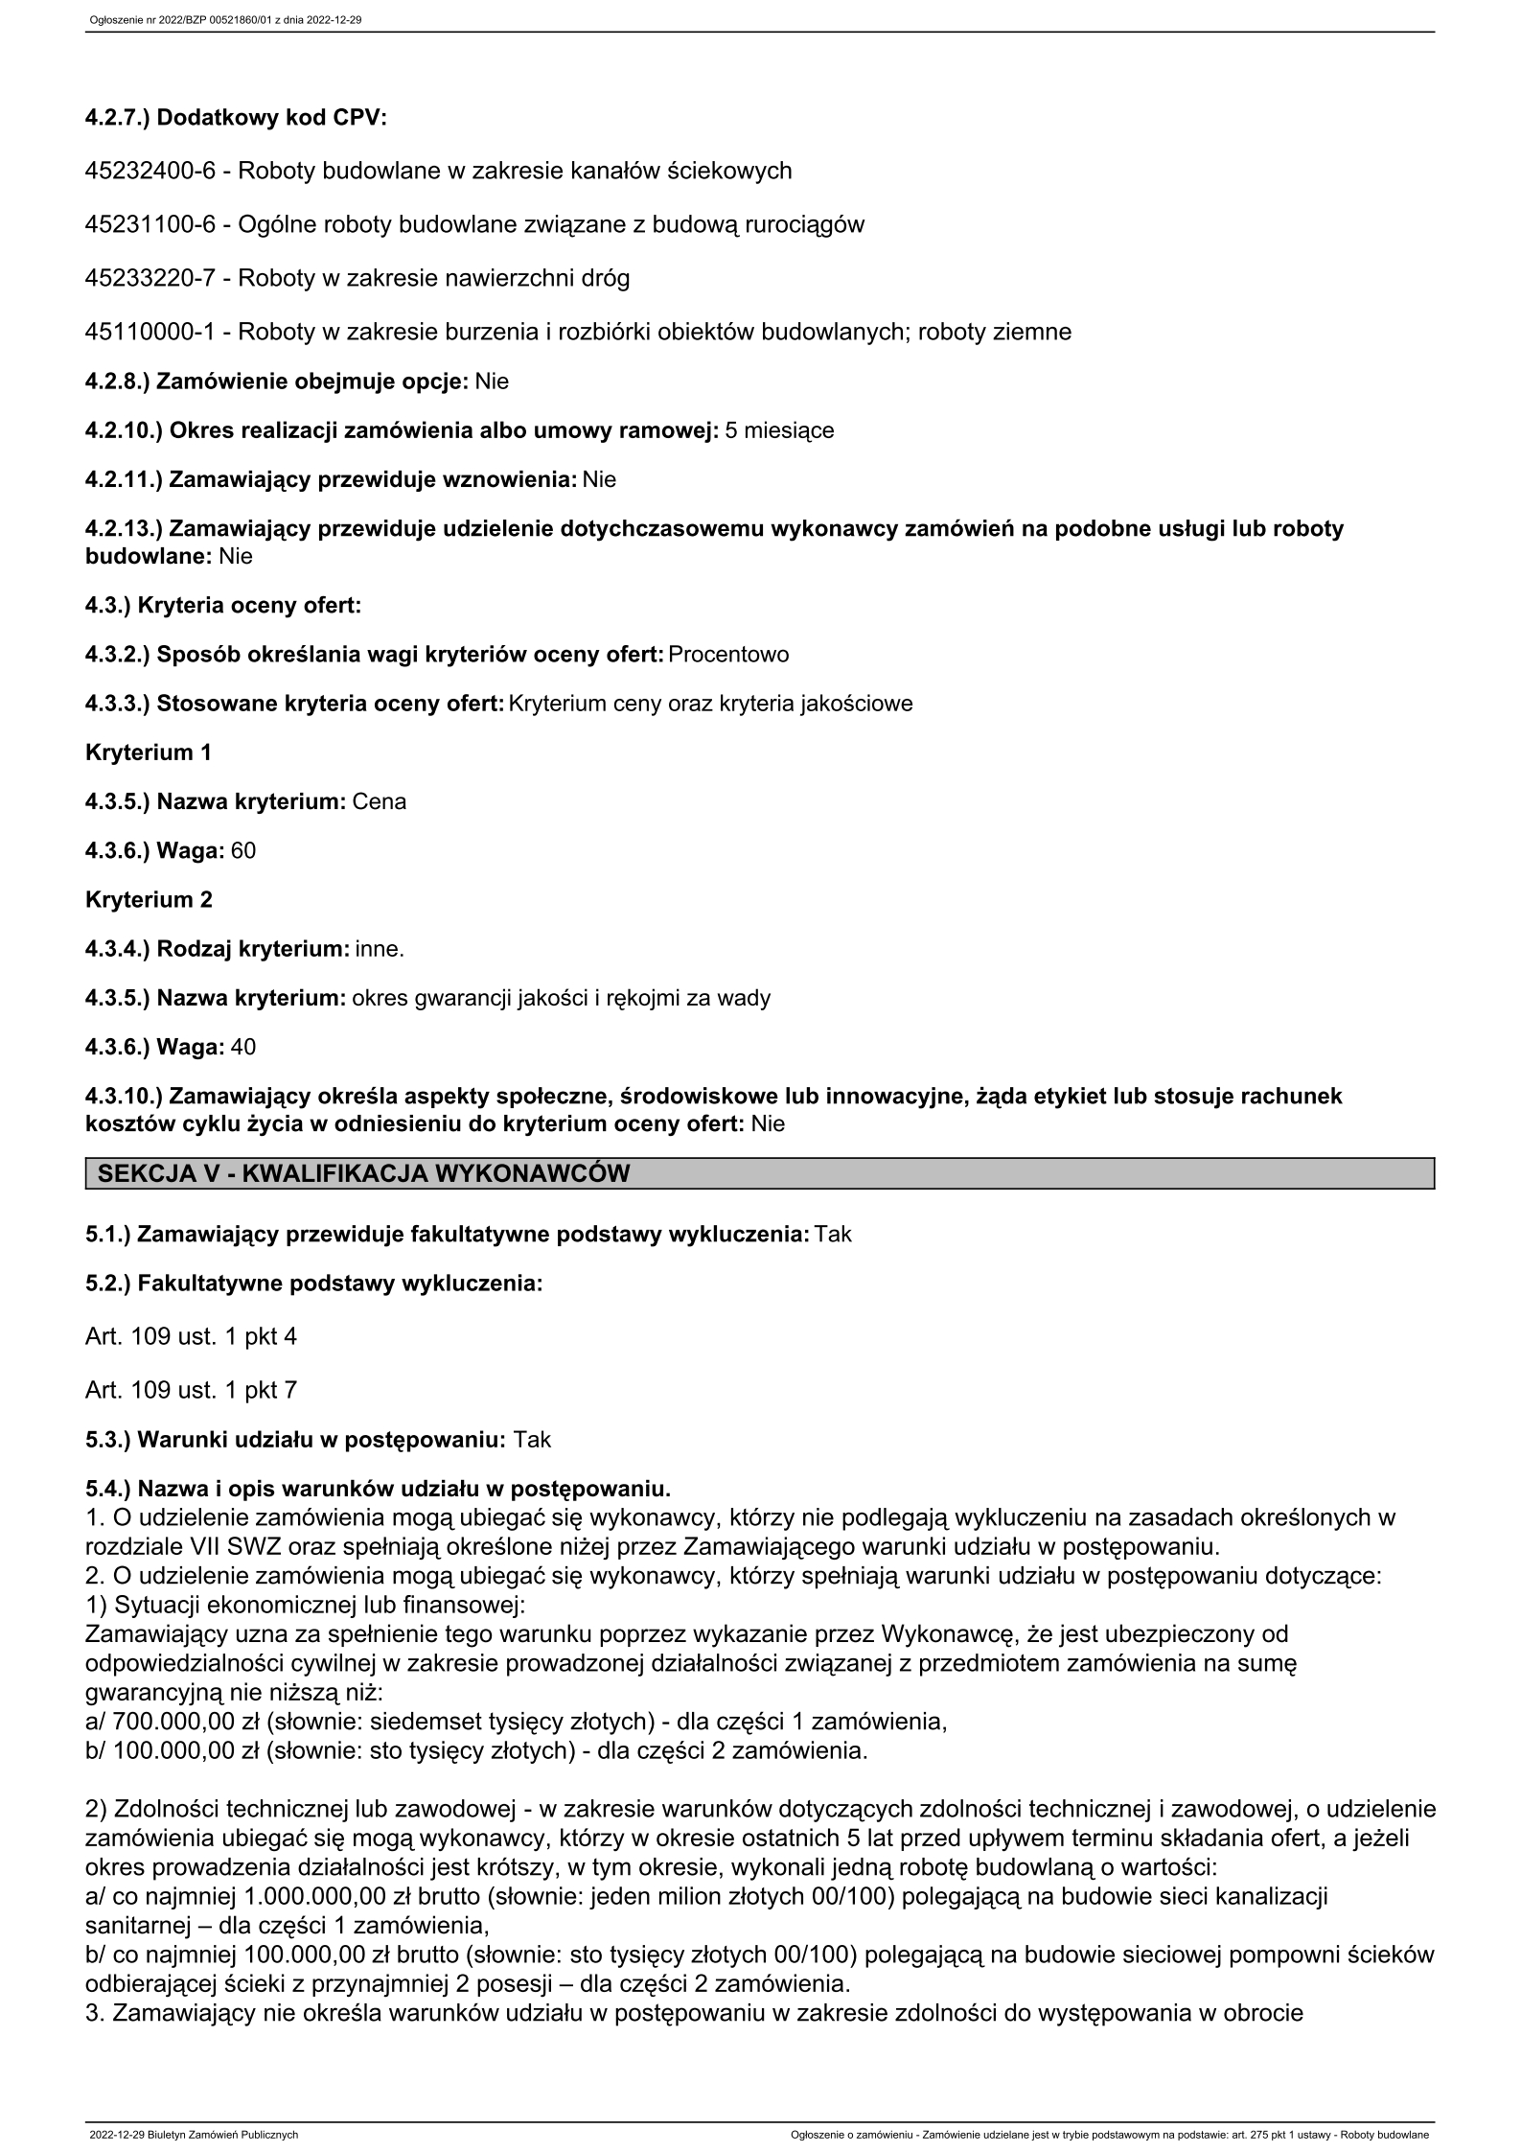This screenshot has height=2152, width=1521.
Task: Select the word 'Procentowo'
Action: tap(728, 655)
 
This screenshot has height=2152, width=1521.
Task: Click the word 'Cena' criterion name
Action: tap(380, 801)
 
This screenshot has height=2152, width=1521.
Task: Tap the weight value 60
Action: tap(243, 851)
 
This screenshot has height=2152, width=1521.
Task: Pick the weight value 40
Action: tap(243, 1047)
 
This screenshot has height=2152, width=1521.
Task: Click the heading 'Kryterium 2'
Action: tap(149, 900)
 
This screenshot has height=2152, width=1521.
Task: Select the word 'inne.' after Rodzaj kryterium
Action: tap(380, 949)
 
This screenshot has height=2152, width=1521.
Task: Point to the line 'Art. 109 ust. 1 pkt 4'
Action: tap(191, 1336)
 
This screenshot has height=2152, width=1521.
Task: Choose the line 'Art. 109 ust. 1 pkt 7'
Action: tap(191, 1390)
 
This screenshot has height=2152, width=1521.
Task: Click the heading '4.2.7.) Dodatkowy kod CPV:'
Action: tap(236, 119)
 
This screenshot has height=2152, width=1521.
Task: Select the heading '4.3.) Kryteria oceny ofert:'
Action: tap(223, 606)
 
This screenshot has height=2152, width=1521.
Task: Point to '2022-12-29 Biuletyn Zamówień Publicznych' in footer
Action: tap(194, 2135)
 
